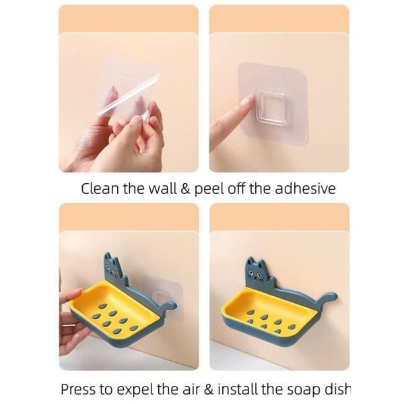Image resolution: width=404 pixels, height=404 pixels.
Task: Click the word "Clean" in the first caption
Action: (x=100, y=189)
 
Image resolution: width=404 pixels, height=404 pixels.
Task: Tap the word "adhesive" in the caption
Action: (x=305, y=189)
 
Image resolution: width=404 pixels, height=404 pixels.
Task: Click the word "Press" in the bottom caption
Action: (x=78, y=389)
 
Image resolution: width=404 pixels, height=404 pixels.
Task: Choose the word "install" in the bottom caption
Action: (x=238, y=389)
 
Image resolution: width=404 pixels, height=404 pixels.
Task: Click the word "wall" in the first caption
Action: (x=163, y=189)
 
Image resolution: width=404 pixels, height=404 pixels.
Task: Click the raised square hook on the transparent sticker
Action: (x=271, y=107)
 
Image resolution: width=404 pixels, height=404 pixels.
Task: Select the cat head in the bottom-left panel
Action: (x=112, y=267)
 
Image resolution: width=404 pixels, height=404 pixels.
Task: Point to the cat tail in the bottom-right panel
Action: (x=327, y=299)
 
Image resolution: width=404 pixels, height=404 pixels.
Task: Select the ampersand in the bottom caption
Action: (x=208, y=389)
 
